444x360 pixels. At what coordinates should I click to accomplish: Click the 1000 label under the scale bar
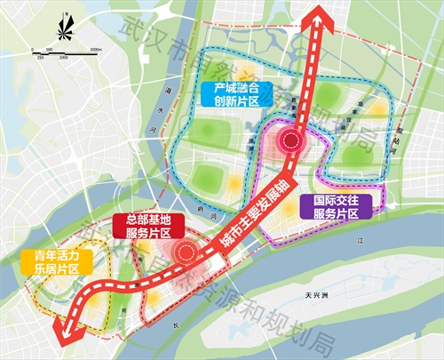(x=66, y=58)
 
